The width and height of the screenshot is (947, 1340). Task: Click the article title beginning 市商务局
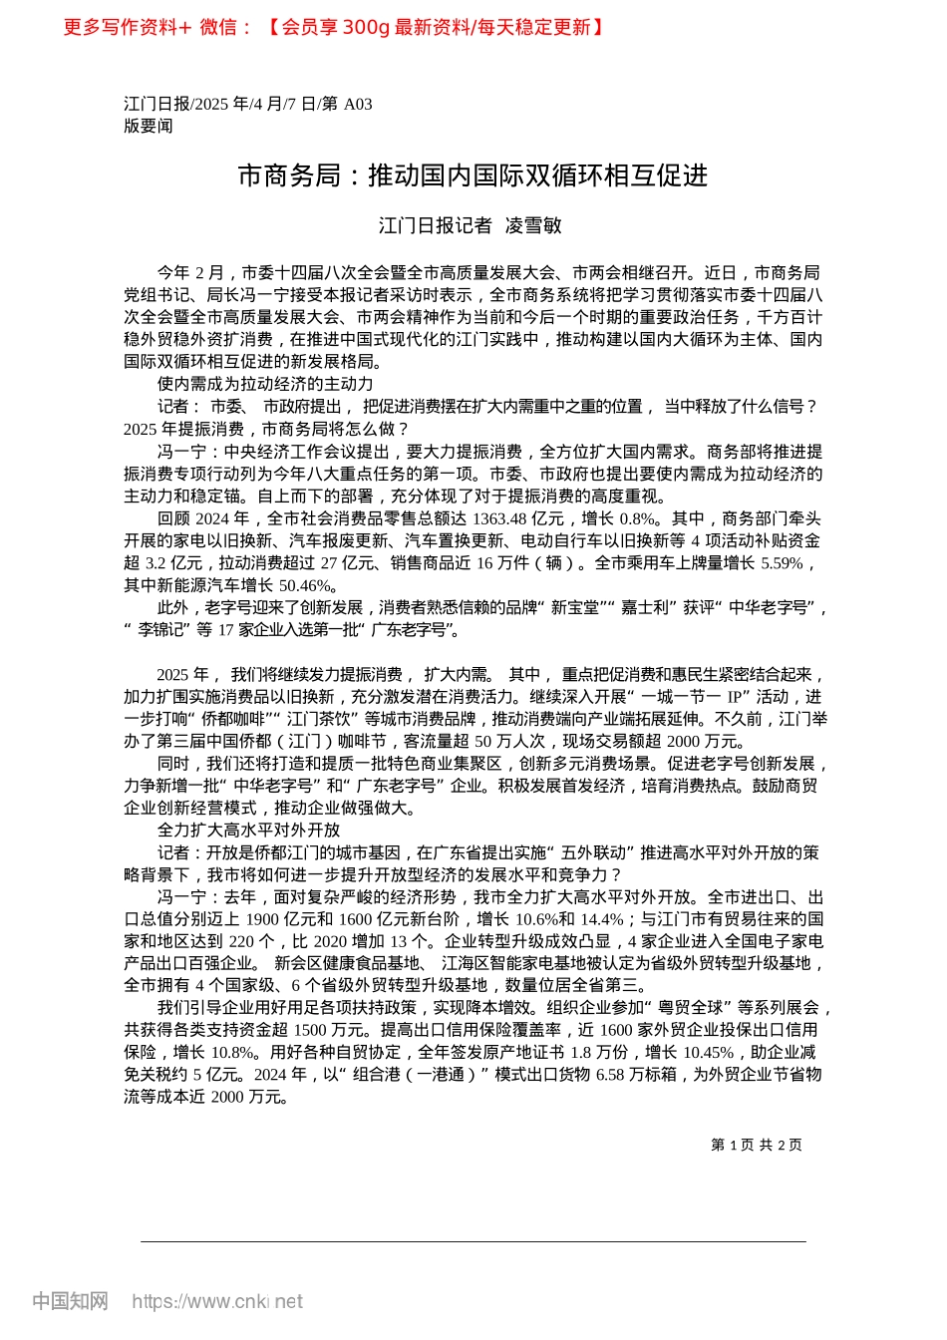[x=473, y=176]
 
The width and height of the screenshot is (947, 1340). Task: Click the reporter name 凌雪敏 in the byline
[x=533, y=226]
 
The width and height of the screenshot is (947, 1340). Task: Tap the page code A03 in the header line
[x=358, y=104]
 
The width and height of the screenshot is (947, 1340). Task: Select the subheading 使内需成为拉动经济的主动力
[x=265, y=384]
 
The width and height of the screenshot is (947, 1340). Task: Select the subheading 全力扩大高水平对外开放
[x=248, y=830]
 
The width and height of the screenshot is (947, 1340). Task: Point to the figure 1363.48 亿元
[x=519, y=518]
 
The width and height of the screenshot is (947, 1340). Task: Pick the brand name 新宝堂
[x=575, y=607]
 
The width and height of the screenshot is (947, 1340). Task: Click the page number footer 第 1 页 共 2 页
[x=756, y=1145]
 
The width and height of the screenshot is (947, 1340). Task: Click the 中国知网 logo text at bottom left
[x=70, y=1301]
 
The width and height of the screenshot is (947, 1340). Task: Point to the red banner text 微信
[x=219, y=27]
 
